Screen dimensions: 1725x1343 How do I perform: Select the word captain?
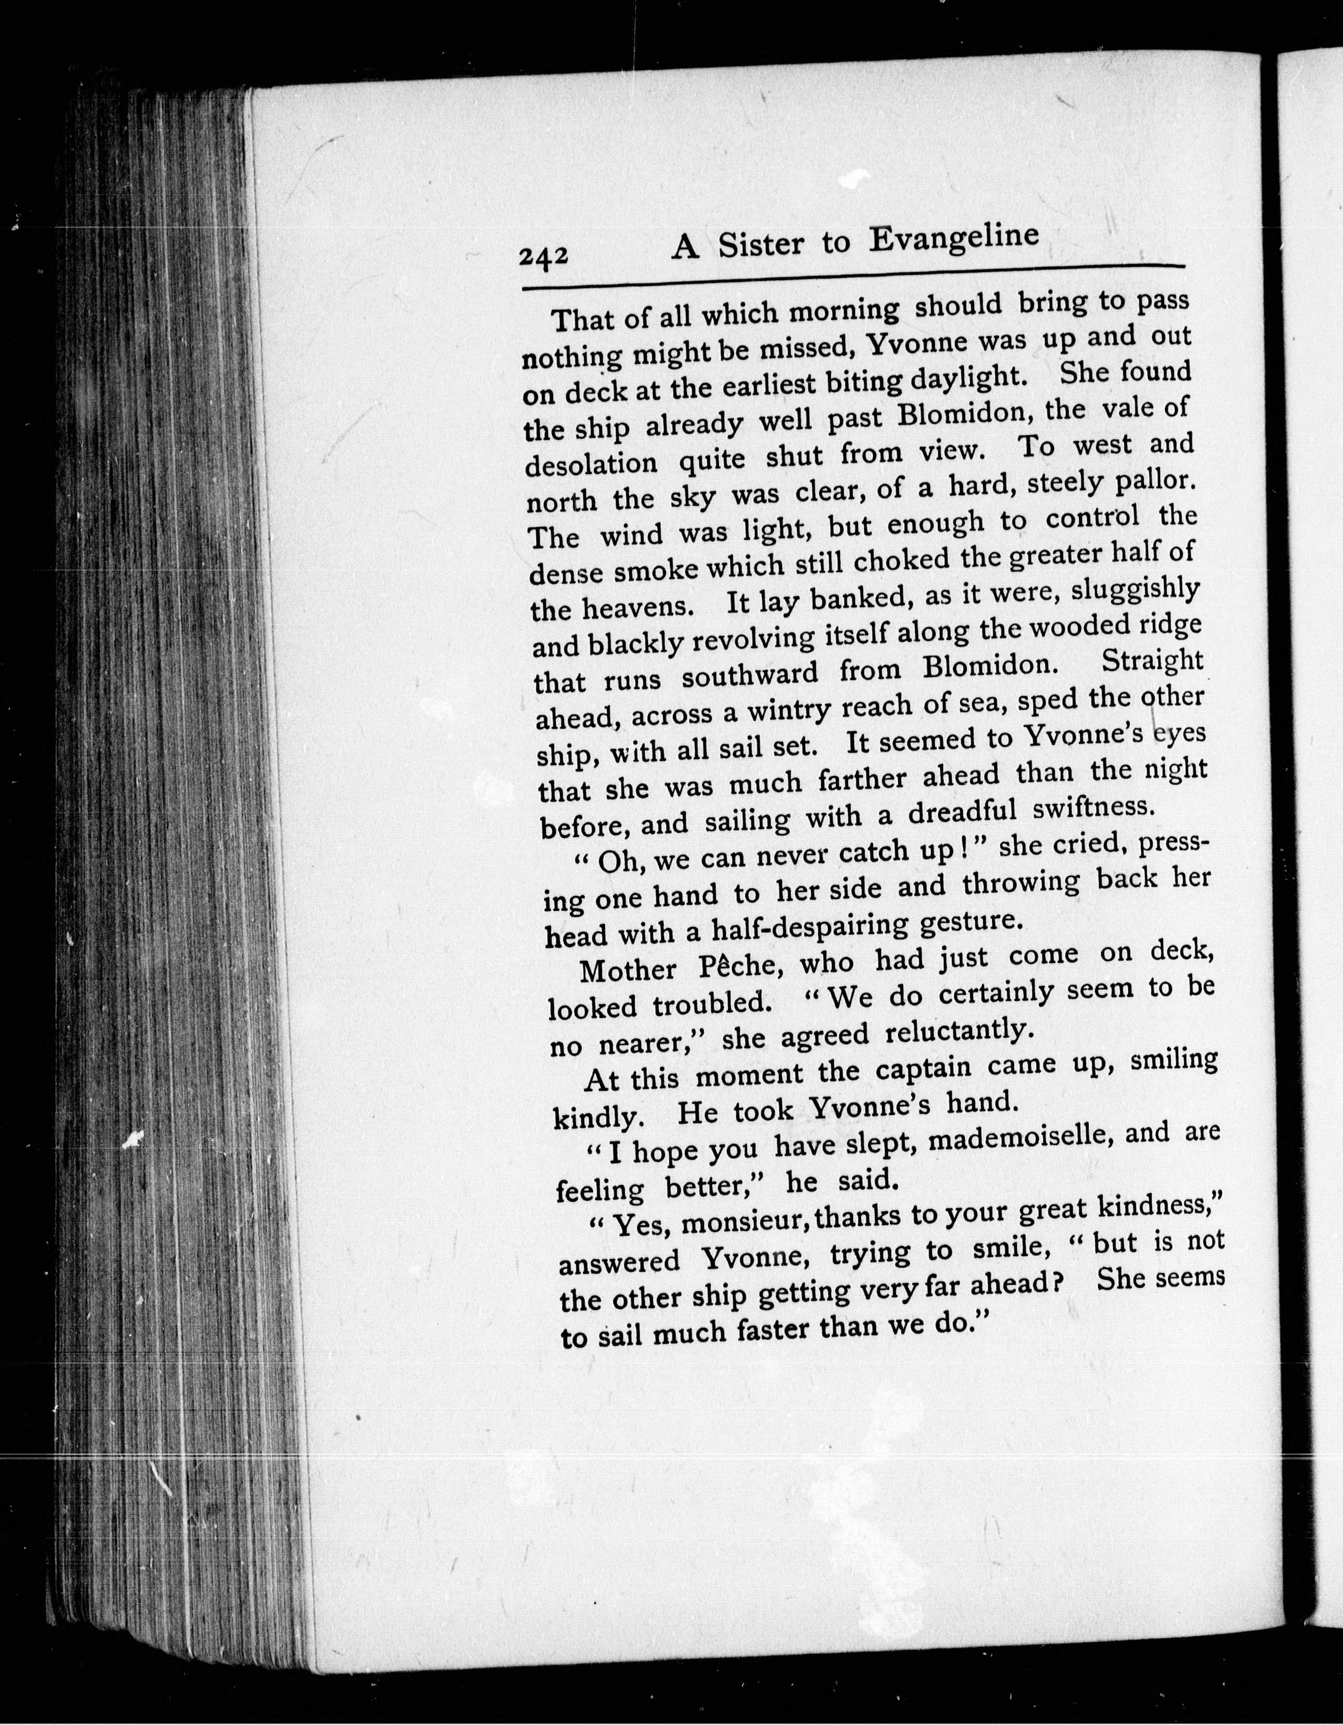click(x=923, y=1070)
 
